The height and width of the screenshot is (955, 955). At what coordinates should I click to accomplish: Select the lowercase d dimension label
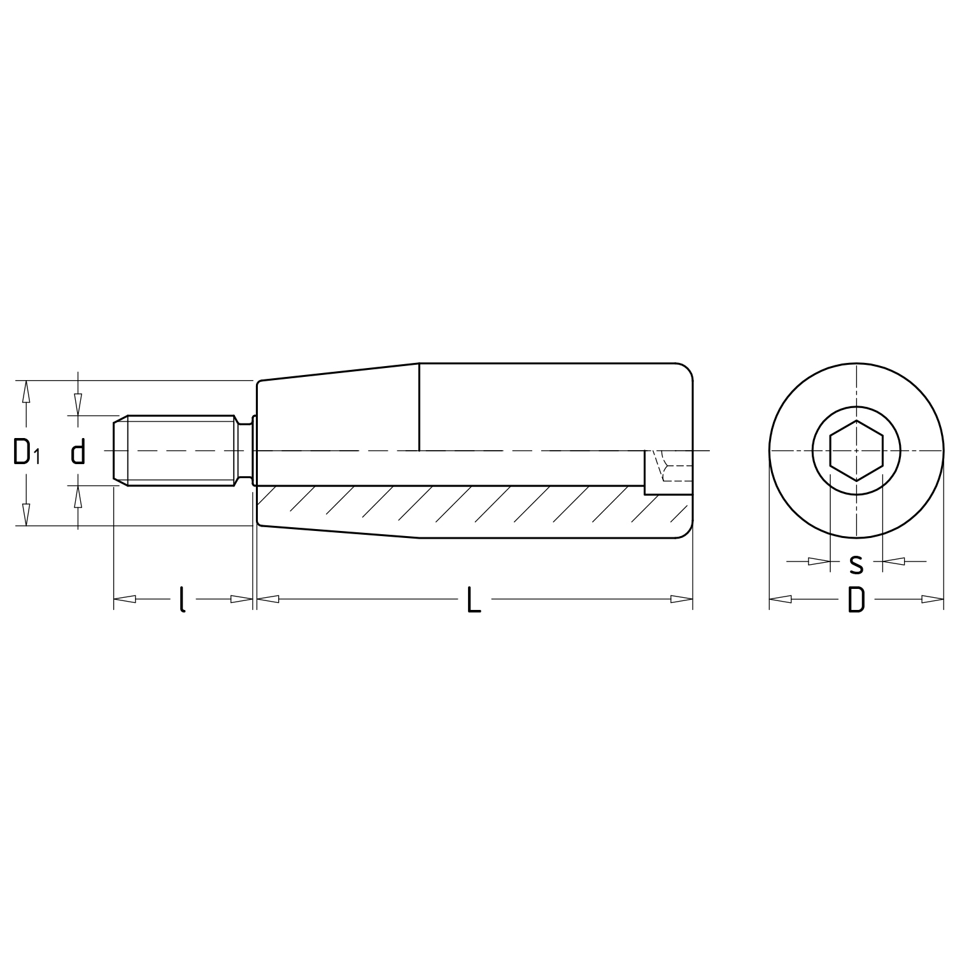tap(78, 453)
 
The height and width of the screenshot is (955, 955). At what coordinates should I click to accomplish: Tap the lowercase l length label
tap(182, 599)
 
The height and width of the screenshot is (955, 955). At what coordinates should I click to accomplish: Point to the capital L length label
tap(474, 599)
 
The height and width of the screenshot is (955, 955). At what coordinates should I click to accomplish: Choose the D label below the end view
tap(856, 600)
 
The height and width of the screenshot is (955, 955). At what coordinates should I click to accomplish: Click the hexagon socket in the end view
tap(856, 450)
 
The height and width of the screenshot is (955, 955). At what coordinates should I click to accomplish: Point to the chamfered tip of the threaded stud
tap(120, 450)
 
